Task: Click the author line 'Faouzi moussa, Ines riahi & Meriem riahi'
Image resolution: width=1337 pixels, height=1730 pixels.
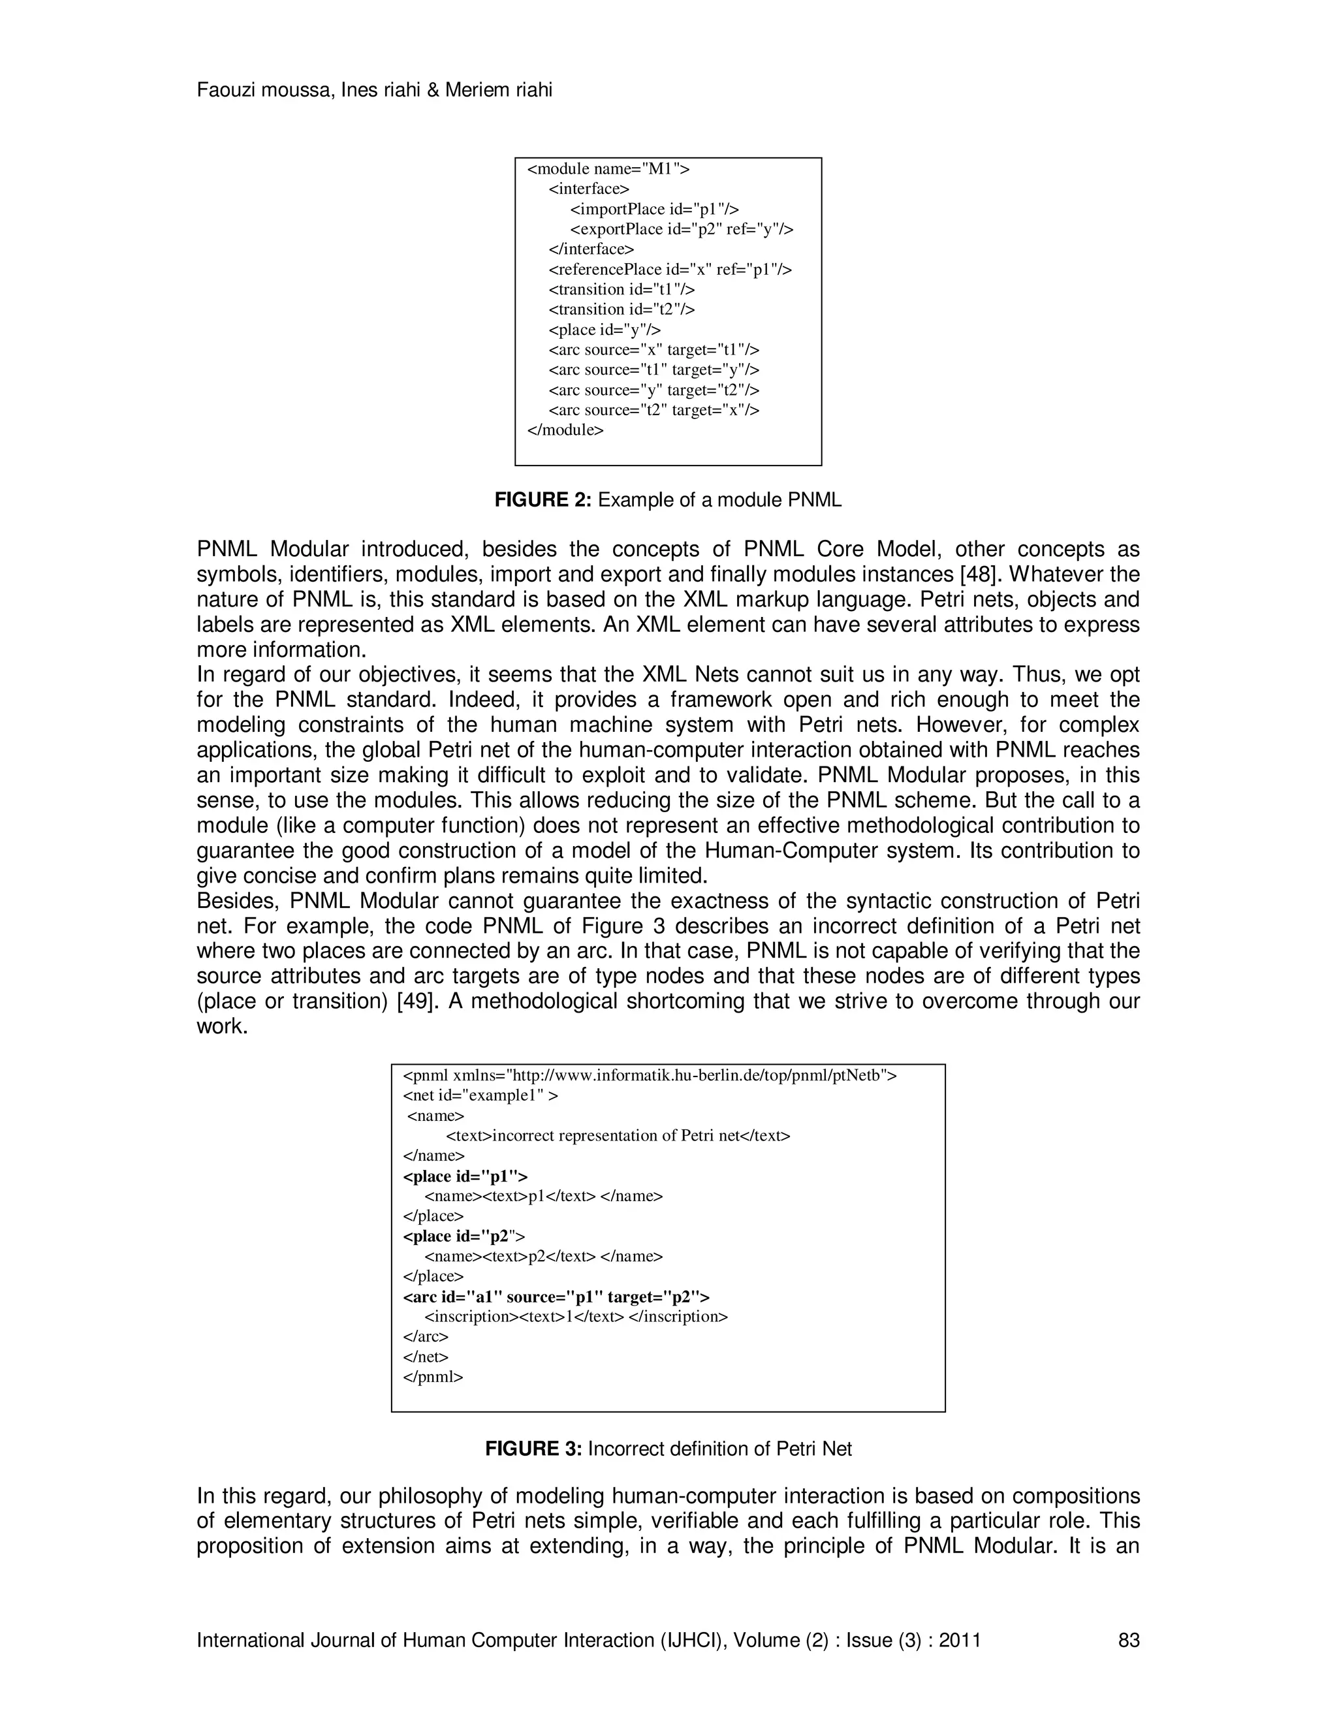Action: tap(374, 90)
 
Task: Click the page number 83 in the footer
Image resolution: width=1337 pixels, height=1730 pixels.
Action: tap(1128, 1640)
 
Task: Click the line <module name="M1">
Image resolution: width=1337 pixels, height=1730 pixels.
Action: tap(608, 168)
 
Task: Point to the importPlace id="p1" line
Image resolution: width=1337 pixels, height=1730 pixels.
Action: tap(654, 209)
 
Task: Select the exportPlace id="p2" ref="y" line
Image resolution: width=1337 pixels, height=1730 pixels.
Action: tap(681, 229)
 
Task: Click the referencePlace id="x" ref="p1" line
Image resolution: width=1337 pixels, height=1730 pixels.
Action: tap(669, 270)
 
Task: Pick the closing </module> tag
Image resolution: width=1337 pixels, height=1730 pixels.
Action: tap(565, 430)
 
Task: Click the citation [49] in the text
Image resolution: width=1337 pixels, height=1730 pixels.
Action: tap(416, 1001)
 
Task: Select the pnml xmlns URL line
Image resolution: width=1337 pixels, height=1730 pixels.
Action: tap(650, 1076)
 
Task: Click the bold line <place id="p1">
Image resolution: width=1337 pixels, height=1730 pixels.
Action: tap(465, 1176)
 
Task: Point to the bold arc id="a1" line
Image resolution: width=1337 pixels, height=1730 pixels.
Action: tap(556, 1297)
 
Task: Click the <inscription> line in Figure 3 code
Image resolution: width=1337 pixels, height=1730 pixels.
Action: tap(576, 1317)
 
